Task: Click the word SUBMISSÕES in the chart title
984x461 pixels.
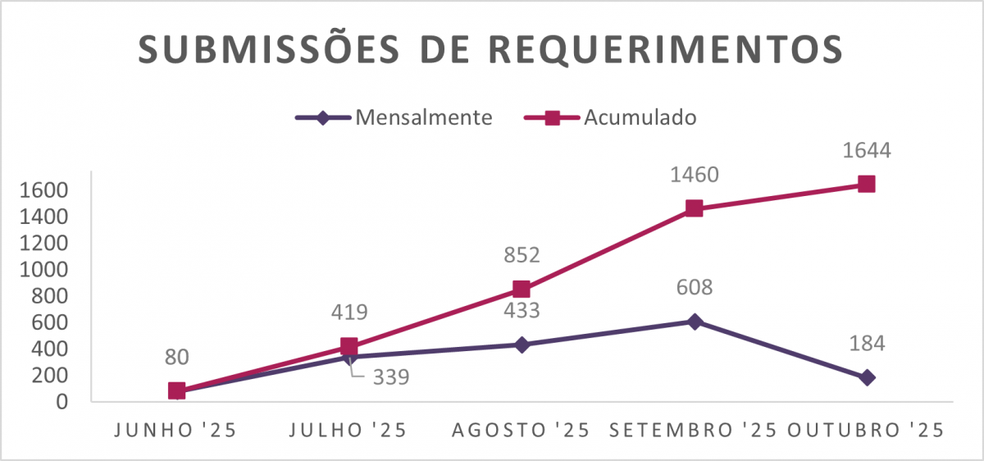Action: coord(260,49)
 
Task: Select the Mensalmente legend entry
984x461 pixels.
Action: coord(423,117)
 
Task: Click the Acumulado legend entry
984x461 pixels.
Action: coord(640,117)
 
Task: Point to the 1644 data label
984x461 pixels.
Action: coord(866,151)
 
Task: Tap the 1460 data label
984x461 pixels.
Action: coord(694,175)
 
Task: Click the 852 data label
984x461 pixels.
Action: coord(522,255)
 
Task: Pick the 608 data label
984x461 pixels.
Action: coord(694,288)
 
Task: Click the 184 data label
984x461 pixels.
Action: coord(868,343)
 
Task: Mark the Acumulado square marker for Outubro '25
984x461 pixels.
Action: coord(866,184)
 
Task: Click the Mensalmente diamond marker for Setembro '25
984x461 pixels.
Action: coord(695,321)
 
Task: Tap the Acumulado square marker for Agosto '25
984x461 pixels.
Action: coord(522,289)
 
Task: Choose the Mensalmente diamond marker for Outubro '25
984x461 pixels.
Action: coord(867,377)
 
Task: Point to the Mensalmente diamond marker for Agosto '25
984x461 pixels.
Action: coord(522,345)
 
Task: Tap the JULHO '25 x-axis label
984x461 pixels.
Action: coord(349,430)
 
